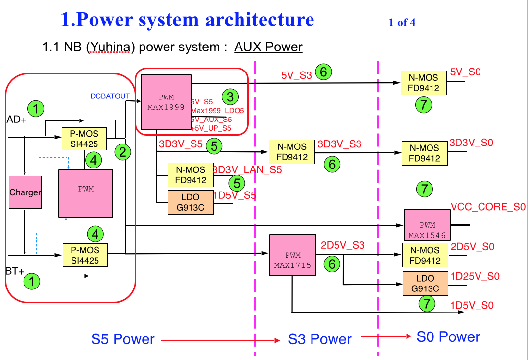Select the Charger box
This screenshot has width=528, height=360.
(25, 192)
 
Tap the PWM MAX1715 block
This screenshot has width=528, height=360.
(292, 260)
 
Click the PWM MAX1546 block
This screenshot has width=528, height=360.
(427, 225)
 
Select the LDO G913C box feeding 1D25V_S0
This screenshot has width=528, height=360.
(425, 283)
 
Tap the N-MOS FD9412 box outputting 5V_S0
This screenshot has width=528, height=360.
(423, 83)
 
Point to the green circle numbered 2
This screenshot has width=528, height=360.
(122, 152)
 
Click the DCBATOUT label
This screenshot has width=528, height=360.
(110, 96)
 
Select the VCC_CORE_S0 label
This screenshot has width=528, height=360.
(488, 207)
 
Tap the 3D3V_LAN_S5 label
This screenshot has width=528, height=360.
(247, 169)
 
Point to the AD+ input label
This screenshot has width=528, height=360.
(17, 120)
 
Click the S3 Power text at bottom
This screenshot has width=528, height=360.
(320, 339)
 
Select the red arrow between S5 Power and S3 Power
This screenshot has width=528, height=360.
(219, 340)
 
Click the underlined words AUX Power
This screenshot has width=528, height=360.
(268, 47)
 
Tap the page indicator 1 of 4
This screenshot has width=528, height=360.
(402, 22)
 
